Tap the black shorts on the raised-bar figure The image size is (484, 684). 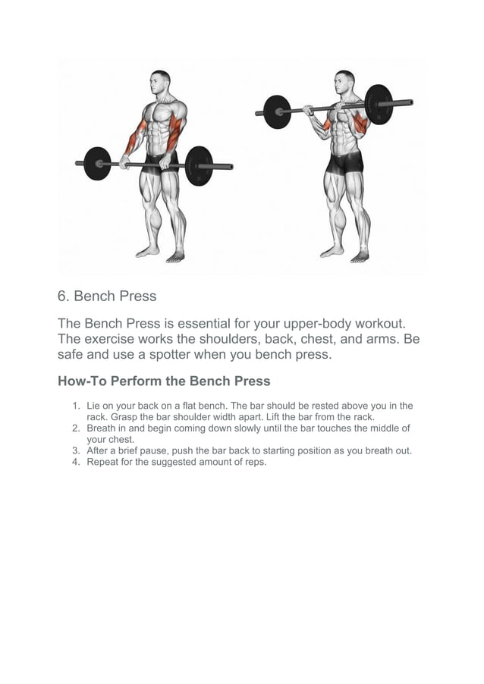[x=345, y=162]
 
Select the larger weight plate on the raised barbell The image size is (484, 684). [x=379, y=105]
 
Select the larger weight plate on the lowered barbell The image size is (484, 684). [x=199, y=165]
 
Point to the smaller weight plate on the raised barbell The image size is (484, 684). [x=277, y=111]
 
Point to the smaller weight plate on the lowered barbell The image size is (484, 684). [x=97, y=163]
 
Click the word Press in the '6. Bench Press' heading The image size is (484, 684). [x=137, y=296]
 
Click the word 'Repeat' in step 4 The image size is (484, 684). [x=102, y=462]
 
